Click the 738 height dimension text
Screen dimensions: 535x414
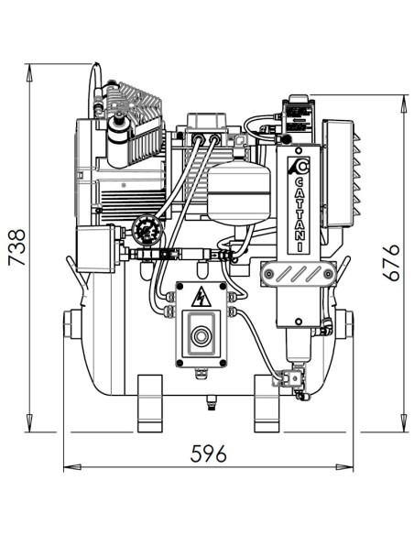16,247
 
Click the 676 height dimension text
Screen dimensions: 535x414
392,263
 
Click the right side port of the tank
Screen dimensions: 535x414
344,324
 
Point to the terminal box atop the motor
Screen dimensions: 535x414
208,126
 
